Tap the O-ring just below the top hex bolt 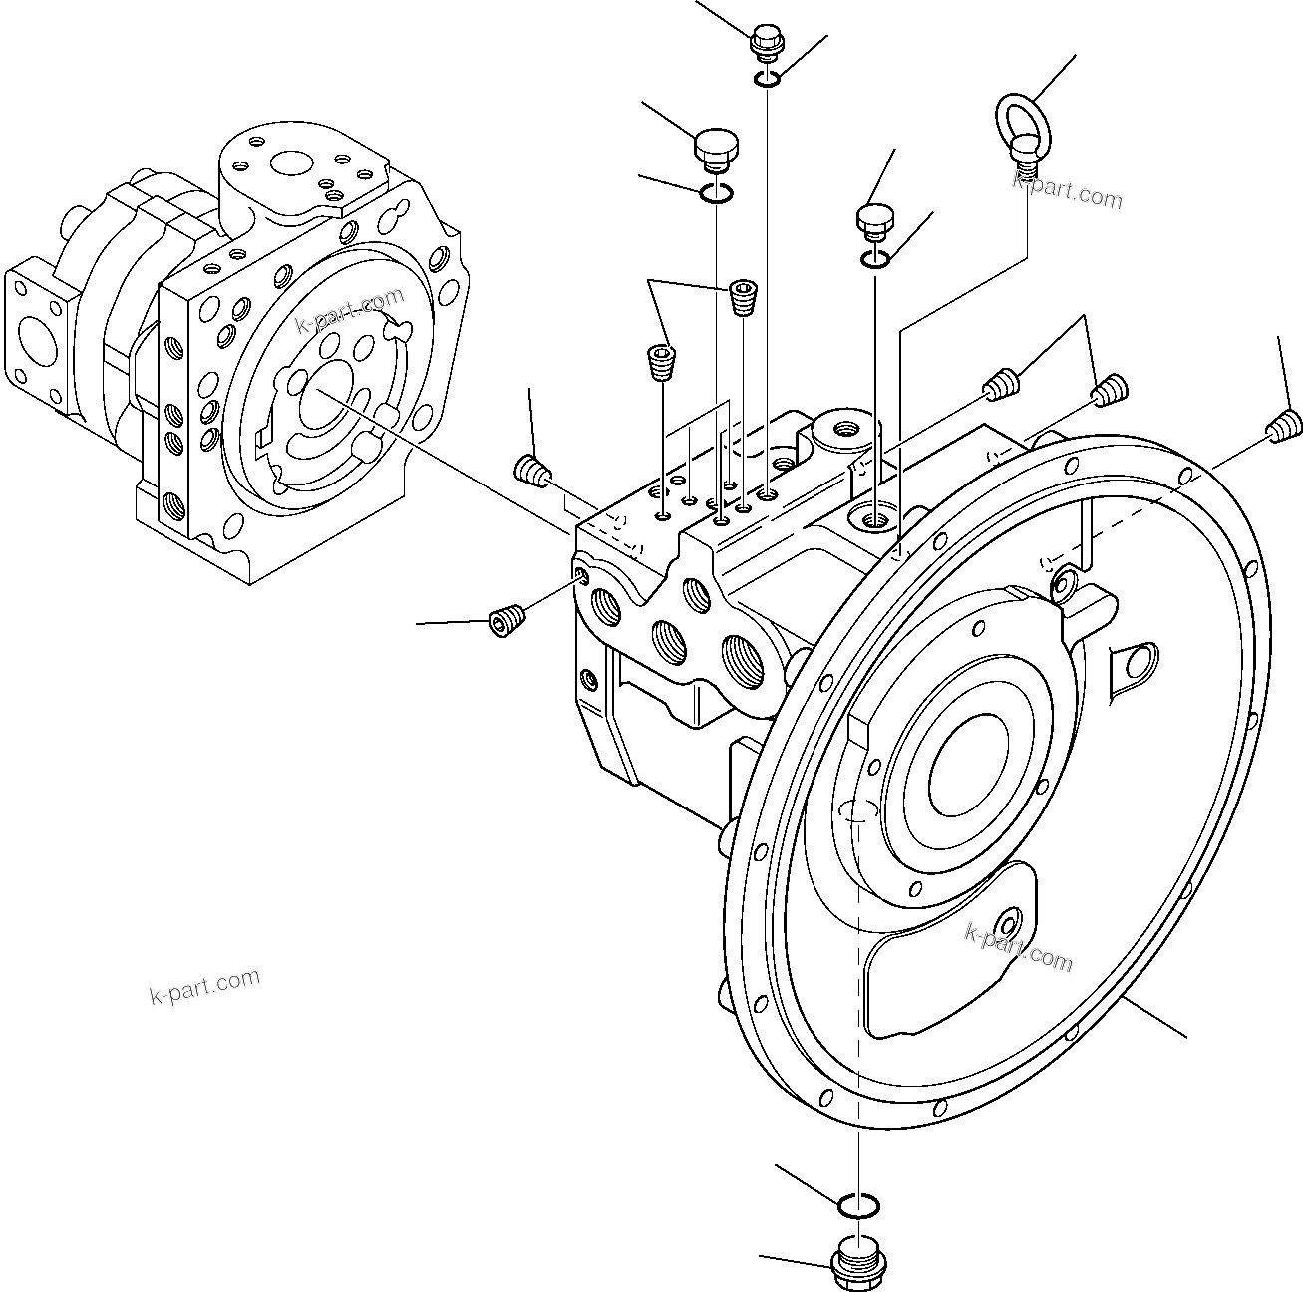767,79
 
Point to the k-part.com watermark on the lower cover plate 1018,946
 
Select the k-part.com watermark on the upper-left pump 350,310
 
